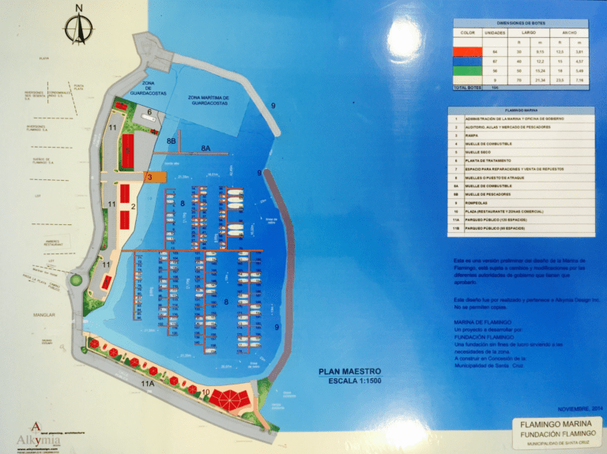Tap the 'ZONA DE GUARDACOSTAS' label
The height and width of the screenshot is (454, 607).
153,88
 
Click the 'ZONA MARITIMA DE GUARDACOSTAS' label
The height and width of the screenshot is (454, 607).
209,101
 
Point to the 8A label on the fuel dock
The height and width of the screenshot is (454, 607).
205,148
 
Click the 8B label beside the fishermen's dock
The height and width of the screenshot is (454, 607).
172,140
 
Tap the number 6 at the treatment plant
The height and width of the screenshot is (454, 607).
149,113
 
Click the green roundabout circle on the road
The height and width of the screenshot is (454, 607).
77,279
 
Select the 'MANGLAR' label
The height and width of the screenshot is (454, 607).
44,315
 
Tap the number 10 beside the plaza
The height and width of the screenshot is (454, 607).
205,392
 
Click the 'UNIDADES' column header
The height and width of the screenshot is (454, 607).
495,33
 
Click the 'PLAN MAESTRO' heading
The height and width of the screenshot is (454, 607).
349,371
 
